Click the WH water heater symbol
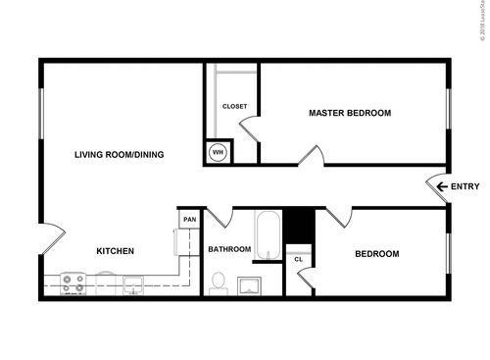coord(219,152)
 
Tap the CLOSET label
coord(234,106)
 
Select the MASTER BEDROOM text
coord(350,113)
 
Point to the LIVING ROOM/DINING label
coord(121,154)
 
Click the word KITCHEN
coord(115,252)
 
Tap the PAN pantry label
coord(189,220)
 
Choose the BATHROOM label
coord(229,250)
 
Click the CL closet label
coord(299,259)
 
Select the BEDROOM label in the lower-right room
coord(376,254)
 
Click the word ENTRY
coord(465,186)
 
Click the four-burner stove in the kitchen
coord(73,283)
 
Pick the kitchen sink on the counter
coord(133,284)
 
